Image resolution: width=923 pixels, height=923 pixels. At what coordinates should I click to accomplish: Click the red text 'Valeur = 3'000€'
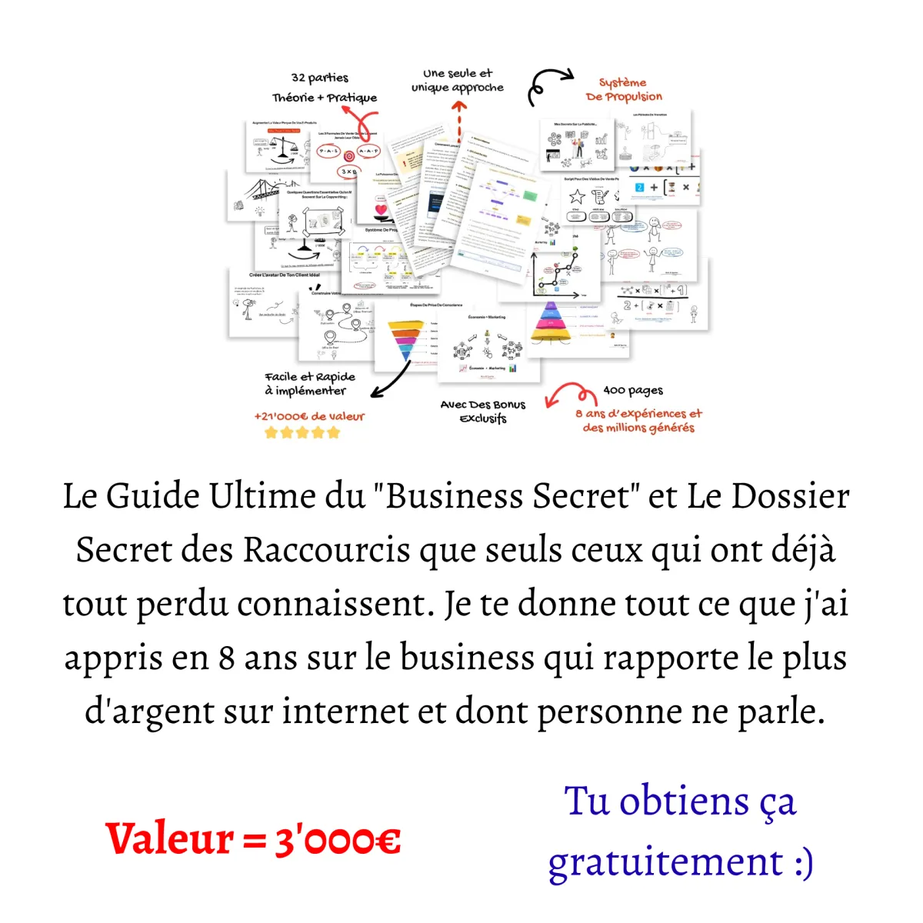pos(253,838)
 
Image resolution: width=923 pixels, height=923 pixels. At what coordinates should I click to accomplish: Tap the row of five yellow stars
pos(302,432)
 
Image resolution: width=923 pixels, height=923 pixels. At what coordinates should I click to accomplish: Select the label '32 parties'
pos(320,78)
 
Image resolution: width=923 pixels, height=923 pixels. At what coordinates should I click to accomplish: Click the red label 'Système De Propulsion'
pos(624,89)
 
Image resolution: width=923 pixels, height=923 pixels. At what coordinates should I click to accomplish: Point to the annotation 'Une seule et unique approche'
pos(458,81)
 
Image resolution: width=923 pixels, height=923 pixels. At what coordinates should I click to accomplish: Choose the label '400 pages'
pos(633,391)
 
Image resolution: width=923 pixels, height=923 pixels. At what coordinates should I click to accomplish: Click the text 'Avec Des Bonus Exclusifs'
pos(483,412)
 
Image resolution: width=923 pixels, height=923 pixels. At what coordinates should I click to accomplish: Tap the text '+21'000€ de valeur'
pos(309,416)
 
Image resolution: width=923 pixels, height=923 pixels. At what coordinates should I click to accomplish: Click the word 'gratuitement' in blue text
pos(665,861)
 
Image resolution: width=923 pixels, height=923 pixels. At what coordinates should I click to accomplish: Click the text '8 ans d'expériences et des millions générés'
pos(638,420)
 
